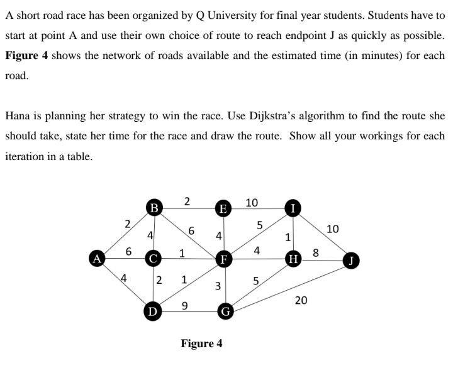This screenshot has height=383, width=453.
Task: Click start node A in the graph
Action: (x=97, y=257)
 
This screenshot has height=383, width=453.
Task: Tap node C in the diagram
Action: (x=153, y=257)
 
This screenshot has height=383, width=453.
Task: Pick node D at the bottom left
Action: (x=151, y=310)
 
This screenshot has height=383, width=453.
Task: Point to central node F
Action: (x=222, y=258)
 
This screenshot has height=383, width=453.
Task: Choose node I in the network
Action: (x=293, y=207)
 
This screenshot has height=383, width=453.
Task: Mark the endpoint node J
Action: (x=352, y=260)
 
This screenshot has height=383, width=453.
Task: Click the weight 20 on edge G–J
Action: (x=301, y=301)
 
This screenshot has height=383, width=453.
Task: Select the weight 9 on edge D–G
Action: (x=184, y=305)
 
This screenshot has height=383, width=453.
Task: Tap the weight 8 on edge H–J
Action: (x=316, y=253)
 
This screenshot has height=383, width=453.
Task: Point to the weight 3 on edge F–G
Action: (x=218, y=286)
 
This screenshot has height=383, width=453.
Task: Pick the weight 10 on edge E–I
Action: (x=252, y=202)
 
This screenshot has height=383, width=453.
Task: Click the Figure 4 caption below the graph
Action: (x=201, y=343)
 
